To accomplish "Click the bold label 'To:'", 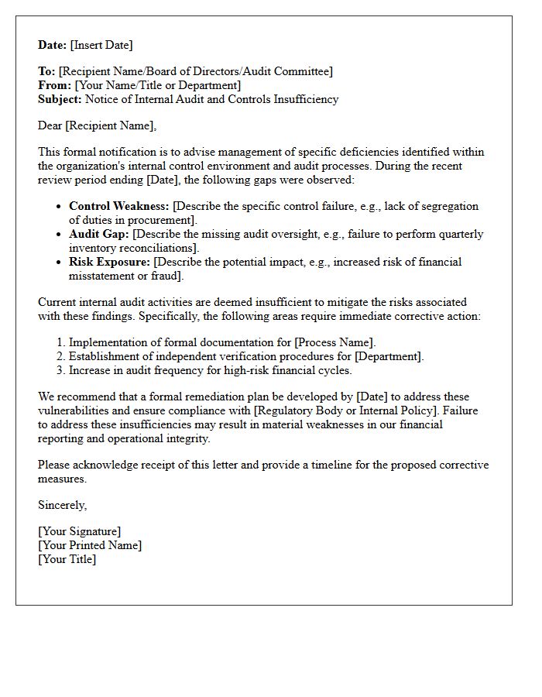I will click(x=46, y=71).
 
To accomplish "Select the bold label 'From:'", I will click(x=54, y=85).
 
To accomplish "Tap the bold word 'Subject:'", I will click(x=60, y=99).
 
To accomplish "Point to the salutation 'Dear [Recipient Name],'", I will click(x=97, y=125).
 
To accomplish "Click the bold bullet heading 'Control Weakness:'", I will click(x=118, y=206).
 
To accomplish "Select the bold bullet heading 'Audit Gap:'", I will click(x=99, y=234).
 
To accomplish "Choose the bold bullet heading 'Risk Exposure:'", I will click(x=109, y=262).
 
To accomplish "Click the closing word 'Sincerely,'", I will click(x=62, y=505).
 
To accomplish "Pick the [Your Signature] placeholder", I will click(x=79, y=531).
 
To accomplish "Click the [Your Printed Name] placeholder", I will click(x=90, y=545).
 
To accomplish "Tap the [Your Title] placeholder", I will click(x=67, y=559).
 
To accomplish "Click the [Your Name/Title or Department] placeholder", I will click(x=157, y=85).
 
